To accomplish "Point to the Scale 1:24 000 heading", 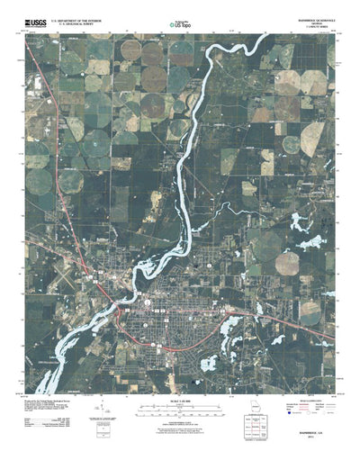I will click(180, 375).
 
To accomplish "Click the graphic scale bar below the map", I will click(180, 383).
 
